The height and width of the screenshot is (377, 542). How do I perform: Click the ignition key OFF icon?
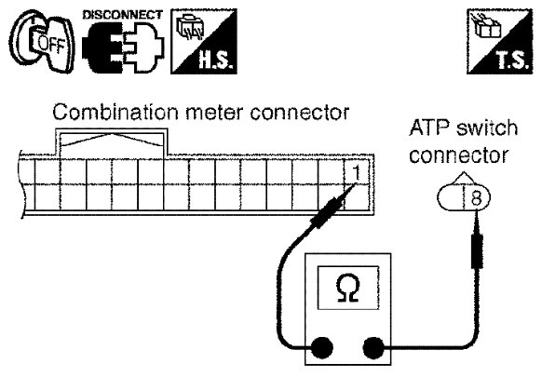43,42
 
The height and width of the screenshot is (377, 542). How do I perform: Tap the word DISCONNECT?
123,15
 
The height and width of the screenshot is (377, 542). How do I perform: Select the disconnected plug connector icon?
124,47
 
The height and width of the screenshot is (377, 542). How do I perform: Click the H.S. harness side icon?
204,41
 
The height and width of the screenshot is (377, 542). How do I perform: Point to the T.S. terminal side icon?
499,41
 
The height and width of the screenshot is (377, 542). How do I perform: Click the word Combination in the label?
115,113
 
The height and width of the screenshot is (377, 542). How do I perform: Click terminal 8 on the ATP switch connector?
476,198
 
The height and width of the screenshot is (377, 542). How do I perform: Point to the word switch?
487,128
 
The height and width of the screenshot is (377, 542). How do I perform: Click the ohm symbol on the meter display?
347,288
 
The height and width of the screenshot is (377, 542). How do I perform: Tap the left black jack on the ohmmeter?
322,347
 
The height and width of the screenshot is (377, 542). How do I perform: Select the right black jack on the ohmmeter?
373,347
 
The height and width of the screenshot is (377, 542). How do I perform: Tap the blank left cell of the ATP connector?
451,198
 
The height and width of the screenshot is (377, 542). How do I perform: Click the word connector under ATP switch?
459,155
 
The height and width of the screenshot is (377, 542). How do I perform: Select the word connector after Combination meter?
300,113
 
